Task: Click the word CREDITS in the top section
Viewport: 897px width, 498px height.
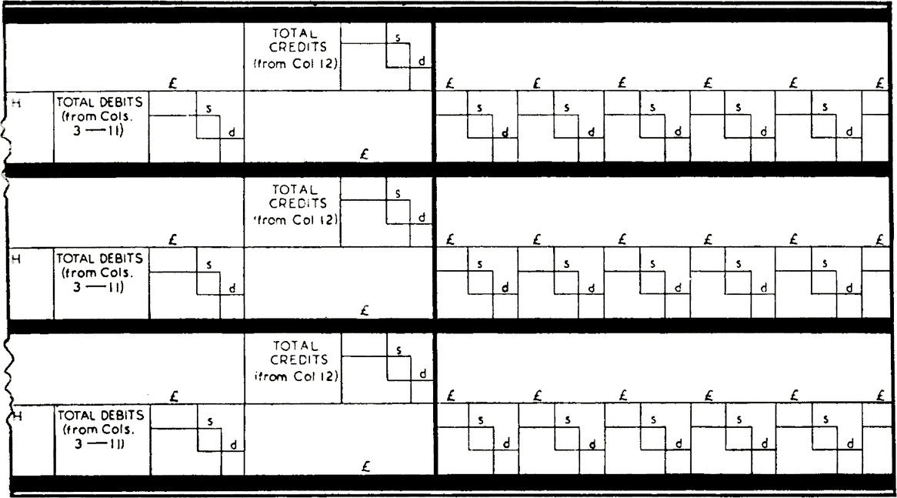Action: (292, 48)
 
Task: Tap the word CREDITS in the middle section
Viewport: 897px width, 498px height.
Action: (292, 204)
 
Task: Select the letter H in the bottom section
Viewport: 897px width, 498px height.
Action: (15, 416)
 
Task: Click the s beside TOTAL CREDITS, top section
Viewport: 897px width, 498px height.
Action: (398, 36)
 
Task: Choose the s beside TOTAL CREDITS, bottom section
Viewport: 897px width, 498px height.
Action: (398, 349)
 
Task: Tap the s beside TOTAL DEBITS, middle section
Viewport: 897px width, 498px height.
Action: (209, 265)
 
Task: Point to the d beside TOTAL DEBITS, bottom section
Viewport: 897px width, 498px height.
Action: (232, 444)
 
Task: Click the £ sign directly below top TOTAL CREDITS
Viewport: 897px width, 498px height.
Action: (365, 154)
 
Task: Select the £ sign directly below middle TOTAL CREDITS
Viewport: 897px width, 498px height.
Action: (365, 311)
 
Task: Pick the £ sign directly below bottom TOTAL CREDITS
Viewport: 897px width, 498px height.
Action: (365, 467)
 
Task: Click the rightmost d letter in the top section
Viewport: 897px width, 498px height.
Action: (849, 133)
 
